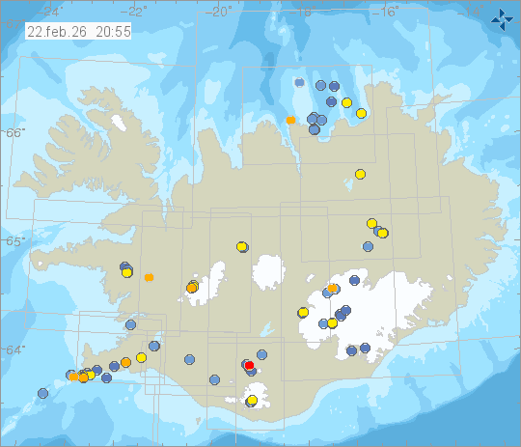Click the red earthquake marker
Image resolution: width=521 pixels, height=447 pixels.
(x=249, y=365)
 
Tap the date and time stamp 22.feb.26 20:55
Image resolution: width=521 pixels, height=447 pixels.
(x=79, y=31)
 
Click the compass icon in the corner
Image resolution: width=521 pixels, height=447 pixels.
(x=502, y=17)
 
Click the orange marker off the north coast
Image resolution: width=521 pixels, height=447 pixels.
(x=290, y=120)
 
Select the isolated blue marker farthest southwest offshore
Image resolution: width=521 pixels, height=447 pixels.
(x=42, y=393)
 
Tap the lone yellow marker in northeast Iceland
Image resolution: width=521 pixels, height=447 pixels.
(x=360, y=174)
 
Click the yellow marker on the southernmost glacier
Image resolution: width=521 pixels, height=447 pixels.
(x=252, y=400)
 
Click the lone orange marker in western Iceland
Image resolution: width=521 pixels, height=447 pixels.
(x=149, y=277)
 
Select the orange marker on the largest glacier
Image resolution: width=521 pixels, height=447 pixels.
(x=332, y=288)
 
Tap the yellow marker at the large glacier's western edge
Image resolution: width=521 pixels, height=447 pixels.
(x=303, y=313)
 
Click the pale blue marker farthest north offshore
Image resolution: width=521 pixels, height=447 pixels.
(x=300, y=83)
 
